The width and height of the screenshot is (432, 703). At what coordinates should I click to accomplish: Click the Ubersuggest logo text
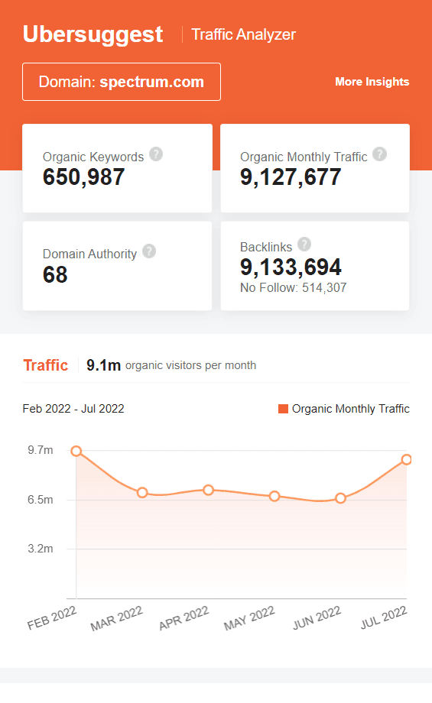[93, 34]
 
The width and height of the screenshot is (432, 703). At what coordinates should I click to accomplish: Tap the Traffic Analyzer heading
[243, 34]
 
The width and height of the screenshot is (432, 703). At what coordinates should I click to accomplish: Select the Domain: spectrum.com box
[122, 82]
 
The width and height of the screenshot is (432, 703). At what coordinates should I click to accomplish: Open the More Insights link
[372, 82]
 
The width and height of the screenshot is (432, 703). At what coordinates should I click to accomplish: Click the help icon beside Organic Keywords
[156, 154]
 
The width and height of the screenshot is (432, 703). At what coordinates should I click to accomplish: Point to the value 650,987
[84, 177]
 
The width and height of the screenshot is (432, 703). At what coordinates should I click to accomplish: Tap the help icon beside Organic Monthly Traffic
[379, 154]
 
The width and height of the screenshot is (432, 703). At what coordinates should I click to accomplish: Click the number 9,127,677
[291, 177]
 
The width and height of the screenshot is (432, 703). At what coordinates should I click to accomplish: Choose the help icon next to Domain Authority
[149, 251]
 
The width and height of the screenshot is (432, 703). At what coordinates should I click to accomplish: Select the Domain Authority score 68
[55, 275]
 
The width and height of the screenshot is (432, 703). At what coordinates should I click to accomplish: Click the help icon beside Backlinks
[304, 245]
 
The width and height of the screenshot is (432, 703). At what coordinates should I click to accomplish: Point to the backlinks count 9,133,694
[291, 267]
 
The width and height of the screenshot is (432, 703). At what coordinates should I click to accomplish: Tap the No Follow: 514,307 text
[293, 287]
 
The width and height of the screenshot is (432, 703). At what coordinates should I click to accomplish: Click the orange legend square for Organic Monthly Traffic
[283, 409]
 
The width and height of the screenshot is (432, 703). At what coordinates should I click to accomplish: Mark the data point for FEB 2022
[76, 451]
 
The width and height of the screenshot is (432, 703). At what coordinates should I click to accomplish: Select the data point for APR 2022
[208, 489]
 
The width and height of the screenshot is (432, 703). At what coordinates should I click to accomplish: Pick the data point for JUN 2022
[340, 498]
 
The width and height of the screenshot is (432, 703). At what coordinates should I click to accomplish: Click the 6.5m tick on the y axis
[41, 500]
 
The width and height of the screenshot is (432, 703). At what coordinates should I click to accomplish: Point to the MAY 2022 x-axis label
[249, 618]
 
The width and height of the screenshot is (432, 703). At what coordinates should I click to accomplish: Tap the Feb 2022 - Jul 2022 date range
[73, 409]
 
